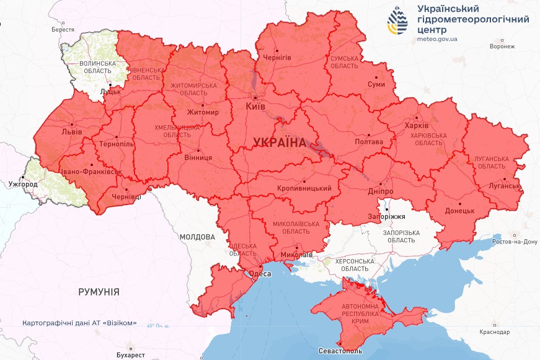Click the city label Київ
tap(255, 107)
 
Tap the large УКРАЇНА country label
tap(279, 143)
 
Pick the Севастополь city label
tap(340, 351)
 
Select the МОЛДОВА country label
tap(197, 237)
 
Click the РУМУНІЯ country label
tap(99, 291)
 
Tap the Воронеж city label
tap(502, 46)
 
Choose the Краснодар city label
tap(494, 332)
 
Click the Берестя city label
tap(63, 30)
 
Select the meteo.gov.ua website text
tap(437, 39)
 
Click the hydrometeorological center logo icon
tap(398, 20)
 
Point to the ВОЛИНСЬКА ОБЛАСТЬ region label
tap(97, 68)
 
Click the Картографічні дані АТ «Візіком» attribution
tap(79, 323)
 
